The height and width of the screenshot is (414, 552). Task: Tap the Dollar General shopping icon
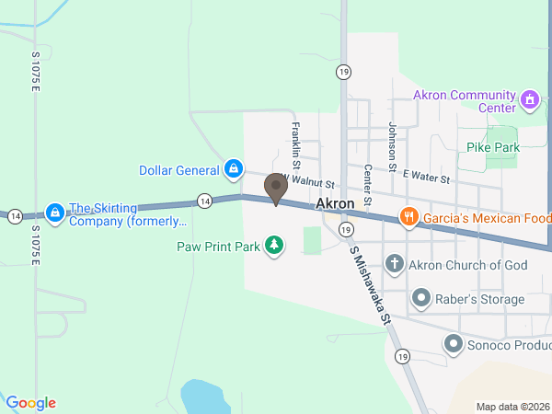click(x=235, y=169)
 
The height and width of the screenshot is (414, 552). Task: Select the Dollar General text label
click(x=178, y=170)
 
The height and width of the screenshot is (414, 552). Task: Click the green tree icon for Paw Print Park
click(x=274, y=245)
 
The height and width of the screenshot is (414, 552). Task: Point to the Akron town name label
click(x=335, y=203)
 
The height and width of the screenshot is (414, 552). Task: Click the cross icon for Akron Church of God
click(x=395, y=265)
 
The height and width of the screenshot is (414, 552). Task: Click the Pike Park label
click(x=492, y=147)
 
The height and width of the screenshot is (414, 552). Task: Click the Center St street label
click(x=366, y=185)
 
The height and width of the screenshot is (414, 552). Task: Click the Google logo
click(x=31, y=403)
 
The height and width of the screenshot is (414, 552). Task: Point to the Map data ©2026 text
click(x=512, y=407)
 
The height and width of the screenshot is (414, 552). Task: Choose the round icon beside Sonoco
click(x=454, y=344)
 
